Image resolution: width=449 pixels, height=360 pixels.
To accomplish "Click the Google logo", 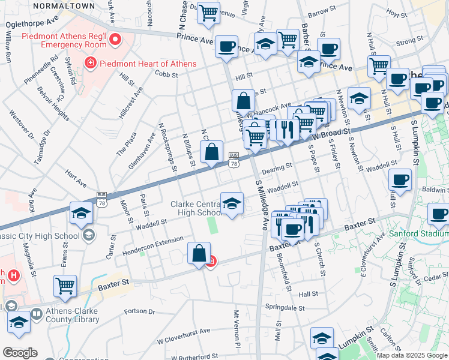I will [x=20, y=353].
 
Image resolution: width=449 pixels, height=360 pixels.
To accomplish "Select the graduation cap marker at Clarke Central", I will [x=232, y=203].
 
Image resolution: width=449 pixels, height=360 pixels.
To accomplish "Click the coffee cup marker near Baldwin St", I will [x=400, y=180].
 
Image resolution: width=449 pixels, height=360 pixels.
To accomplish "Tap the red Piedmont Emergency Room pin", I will [x=113, y=41].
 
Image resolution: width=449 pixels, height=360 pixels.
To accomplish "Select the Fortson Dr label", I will [x=139, y=312].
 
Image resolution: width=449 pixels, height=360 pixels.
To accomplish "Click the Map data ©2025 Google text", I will [x=412, y=355].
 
